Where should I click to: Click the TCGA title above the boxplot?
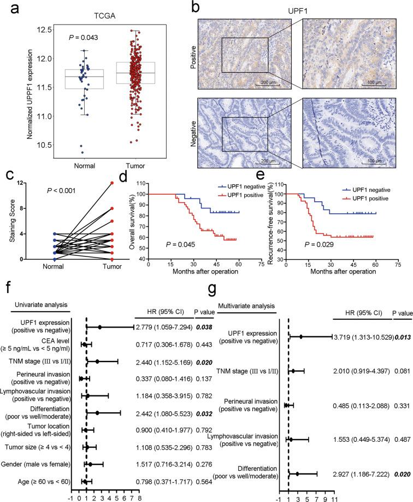[x=103, y=16]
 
